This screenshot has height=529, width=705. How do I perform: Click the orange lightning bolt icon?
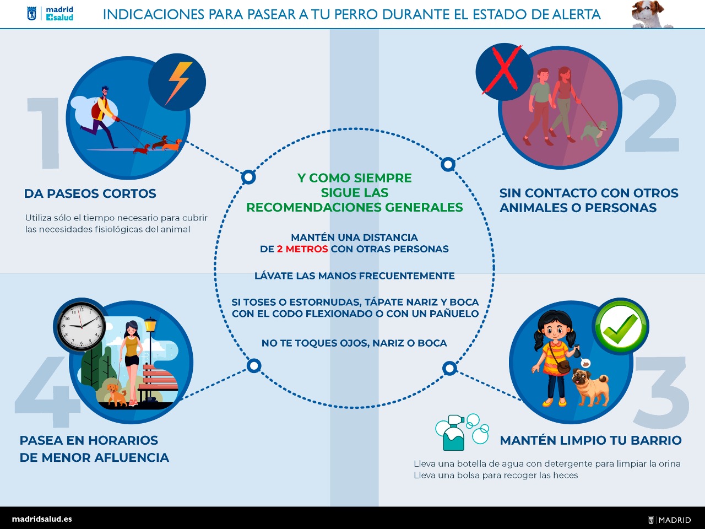tap(177, 83)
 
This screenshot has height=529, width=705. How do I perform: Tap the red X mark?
tap(503, 69)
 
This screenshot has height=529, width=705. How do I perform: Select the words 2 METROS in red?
tap(302, 249)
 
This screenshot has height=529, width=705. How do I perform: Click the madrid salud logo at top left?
tap(51, 14)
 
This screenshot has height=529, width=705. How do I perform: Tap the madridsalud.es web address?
tap(42, 519)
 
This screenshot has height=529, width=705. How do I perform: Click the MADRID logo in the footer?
tap(670, 520)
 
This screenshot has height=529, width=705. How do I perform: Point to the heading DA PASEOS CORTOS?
tap(90, 194)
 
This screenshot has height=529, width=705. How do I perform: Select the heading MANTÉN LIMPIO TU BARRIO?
tap(590, 441)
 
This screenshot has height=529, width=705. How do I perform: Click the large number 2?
tap(652, 116)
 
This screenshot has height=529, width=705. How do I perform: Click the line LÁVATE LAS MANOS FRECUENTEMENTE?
tap(354, 276)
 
